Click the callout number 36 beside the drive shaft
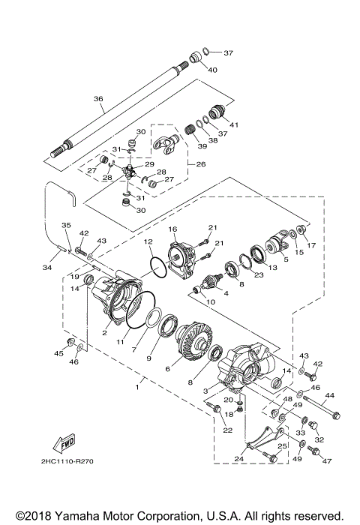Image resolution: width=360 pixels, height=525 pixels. [97, 97]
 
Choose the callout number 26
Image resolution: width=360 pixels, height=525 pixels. [201, 164]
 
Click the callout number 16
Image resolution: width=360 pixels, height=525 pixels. [172, 229]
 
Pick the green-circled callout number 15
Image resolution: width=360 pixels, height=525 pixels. [299, 252]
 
